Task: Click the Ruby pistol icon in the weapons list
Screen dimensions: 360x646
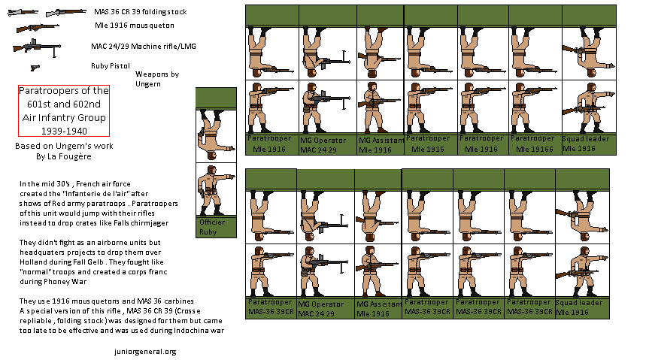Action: (35, 66)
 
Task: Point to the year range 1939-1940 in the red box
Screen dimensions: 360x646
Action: (63, 131)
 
